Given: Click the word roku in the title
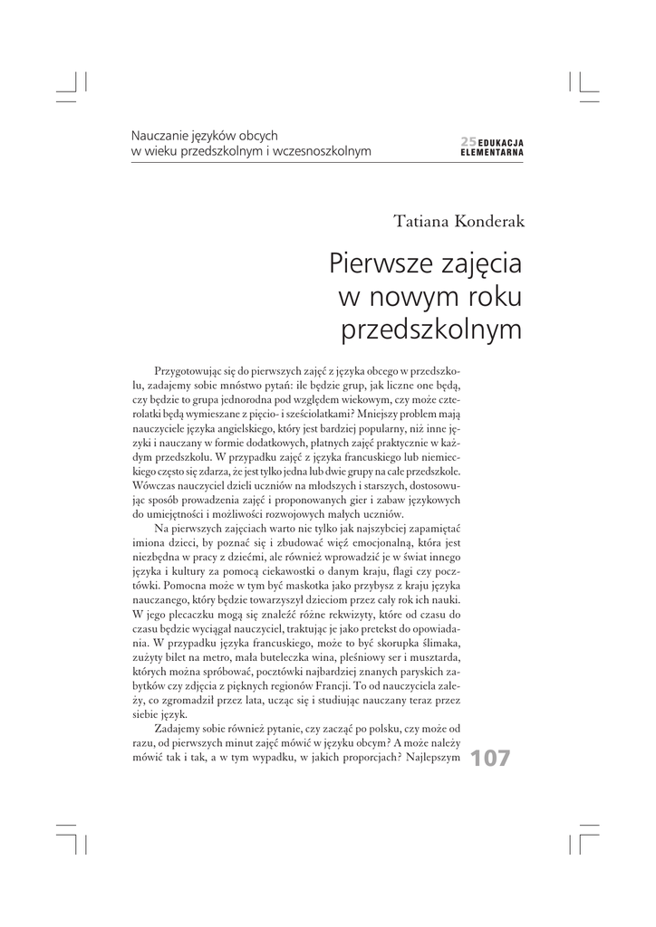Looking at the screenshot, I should point(487,297).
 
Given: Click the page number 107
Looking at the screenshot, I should point(490,759).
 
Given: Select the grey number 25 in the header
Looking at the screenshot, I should point(468,141).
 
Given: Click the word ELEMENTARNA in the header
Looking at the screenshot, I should point(492,152).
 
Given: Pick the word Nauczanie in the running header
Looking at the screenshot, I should point(159,135).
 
